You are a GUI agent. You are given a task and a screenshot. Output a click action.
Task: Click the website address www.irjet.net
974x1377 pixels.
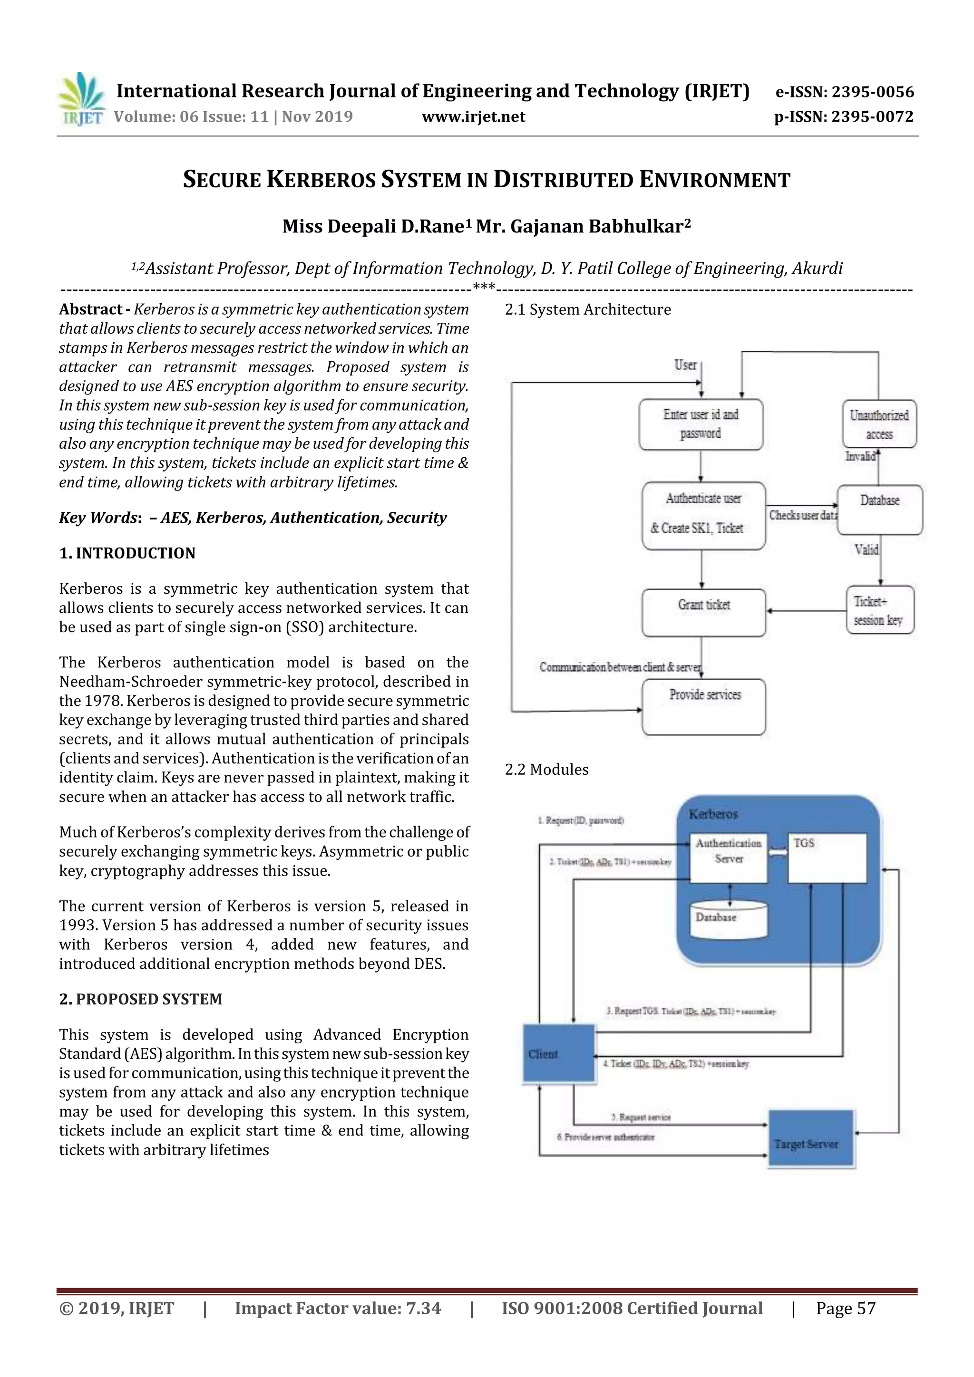(x=474, y=116)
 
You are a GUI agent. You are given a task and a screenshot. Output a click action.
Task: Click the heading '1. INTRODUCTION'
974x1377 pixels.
(x=127, y=553)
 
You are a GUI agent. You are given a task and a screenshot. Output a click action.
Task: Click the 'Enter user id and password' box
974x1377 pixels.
(x=701, y=424)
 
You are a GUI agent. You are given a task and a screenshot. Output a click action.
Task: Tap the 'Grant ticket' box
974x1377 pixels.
(x=703, y=612)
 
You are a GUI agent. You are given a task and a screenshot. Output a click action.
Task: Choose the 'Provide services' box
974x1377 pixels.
(x=703, y=706)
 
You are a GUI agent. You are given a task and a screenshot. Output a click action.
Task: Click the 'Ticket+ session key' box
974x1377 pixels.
(x=880, y=610)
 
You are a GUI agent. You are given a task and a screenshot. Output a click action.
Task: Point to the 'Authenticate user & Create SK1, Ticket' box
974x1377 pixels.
(x=703, y=516)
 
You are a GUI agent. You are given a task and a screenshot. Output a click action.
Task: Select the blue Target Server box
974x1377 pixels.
(x=811, y=1139)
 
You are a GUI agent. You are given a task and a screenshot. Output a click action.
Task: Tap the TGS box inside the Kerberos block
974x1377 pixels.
(x=827, y=857)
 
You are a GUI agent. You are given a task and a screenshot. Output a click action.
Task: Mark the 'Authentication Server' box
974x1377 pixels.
(x=728, y=857)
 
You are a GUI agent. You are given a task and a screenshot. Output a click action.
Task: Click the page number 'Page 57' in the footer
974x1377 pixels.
(x=846, y=1309)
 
